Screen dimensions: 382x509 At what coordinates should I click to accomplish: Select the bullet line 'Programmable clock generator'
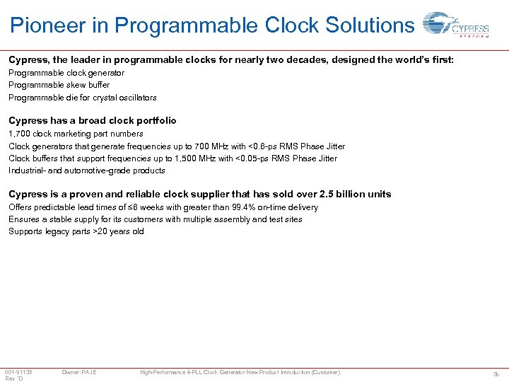tap(66, 73)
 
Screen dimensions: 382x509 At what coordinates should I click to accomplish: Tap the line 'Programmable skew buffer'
tap(59, 85)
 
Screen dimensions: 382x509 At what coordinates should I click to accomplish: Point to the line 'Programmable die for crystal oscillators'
tap(82, 98)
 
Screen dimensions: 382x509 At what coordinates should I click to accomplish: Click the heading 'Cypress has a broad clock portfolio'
tap(93, 121)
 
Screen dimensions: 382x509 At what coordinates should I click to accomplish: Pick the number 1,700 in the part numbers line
tap(19, 134)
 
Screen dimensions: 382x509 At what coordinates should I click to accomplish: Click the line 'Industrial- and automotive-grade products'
tap(86, 170)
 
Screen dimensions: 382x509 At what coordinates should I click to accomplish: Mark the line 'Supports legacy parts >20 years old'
tap(76, 231)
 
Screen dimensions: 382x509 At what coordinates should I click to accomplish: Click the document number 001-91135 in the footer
tap(18, 372)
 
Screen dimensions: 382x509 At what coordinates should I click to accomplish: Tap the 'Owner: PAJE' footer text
tap(79, 372)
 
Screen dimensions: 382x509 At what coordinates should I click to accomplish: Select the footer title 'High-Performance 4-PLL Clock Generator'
tap(205, 372)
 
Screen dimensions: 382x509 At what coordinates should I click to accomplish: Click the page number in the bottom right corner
tap(496, 374)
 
